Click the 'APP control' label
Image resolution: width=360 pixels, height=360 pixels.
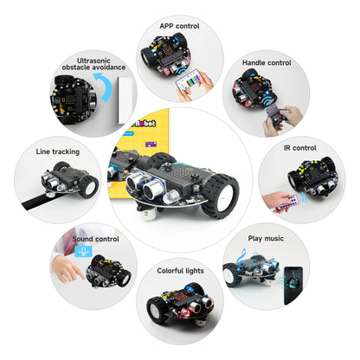click(x=179, y=26)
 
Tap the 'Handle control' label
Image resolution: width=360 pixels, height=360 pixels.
click(x=266, y=62)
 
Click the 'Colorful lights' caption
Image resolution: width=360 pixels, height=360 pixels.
click(x=180, y=271)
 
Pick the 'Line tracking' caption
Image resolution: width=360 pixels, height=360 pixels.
click(x=58, y=151)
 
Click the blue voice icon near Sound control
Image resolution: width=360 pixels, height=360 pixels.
click(x=84, y=251)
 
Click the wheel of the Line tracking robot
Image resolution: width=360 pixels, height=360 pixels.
click(x=87, y=184)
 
